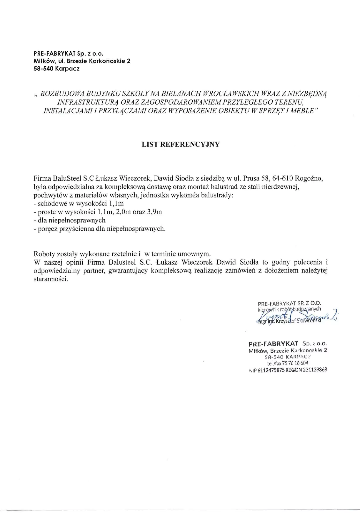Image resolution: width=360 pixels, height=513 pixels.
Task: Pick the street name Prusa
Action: click(x=251, y=178)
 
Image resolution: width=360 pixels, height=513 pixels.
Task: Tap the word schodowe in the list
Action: click(x=50, y=204)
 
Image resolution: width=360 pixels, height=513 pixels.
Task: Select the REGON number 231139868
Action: click(x=314, y=370)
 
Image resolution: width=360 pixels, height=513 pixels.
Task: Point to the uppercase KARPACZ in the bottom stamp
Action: click(x=294, y=356)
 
